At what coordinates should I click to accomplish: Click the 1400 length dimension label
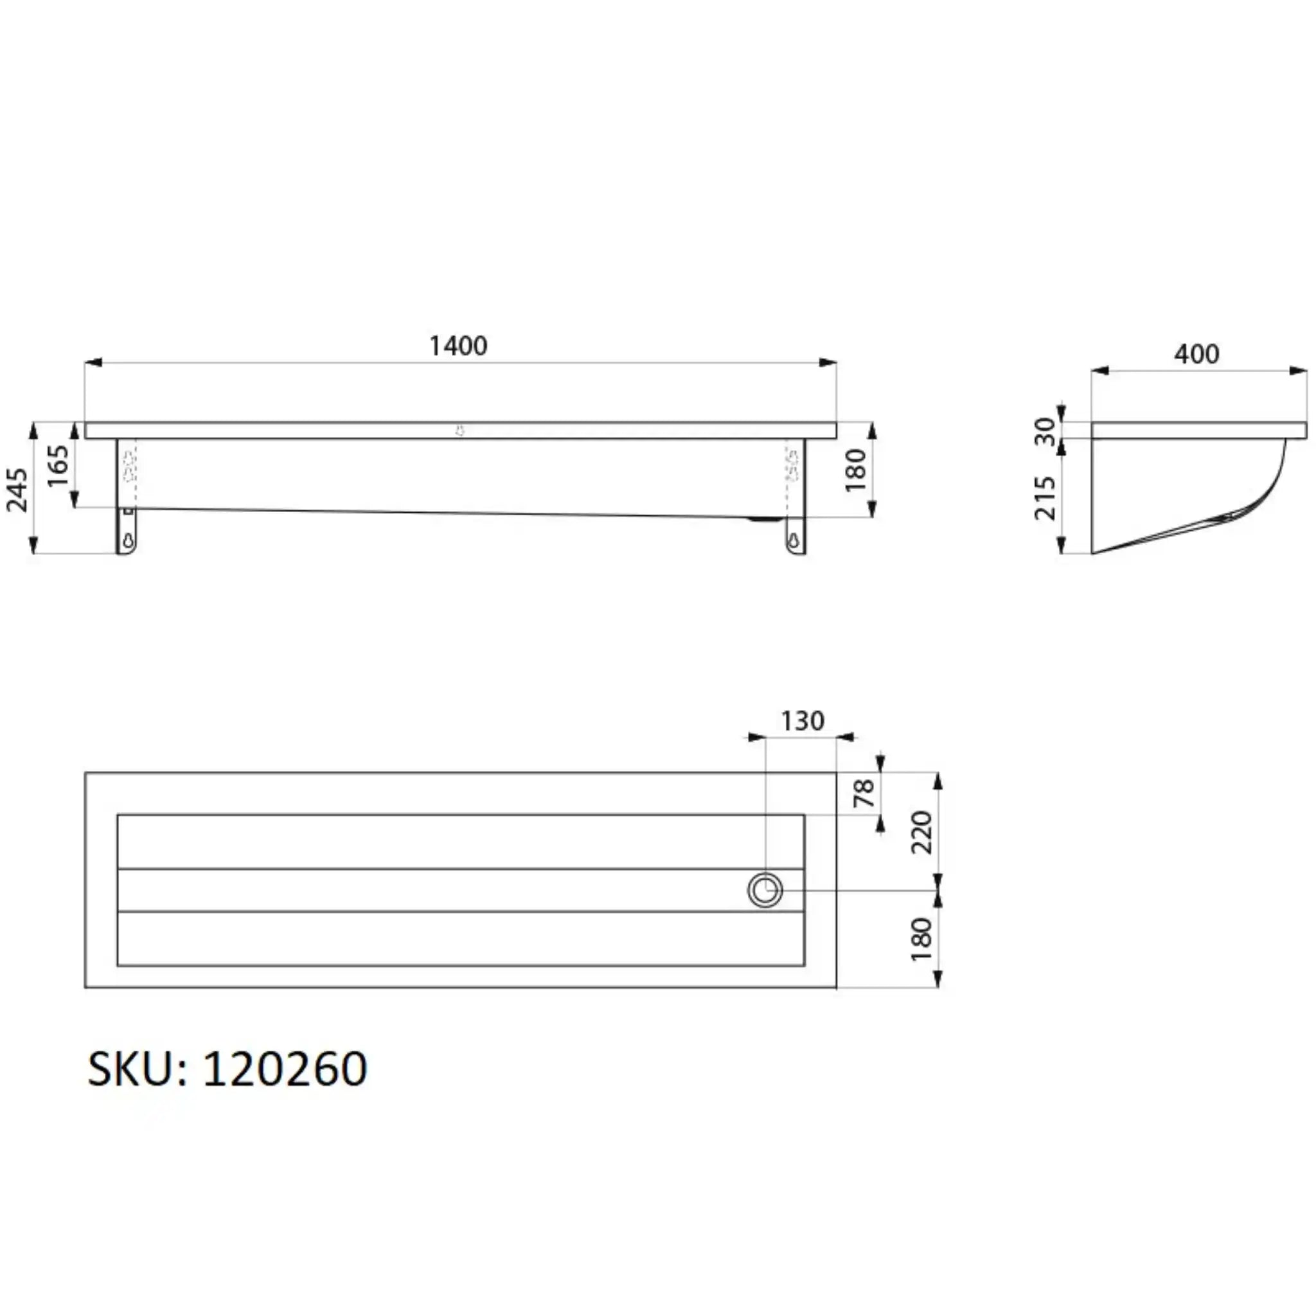(458, 346)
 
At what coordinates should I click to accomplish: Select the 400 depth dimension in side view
(1196, 354)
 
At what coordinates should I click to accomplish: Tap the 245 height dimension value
(17, 489)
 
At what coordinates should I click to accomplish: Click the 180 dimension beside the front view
(855, 470)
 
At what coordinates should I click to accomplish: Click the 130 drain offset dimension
(803, 721)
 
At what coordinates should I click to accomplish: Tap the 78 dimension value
(864, 793)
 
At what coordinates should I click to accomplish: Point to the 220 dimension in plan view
(921, 832)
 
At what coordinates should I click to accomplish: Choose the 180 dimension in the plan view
(921, 939)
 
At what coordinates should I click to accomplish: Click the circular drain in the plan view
(765, 890)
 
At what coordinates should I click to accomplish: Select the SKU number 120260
(285, 1069)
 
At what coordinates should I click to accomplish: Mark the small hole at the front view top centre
(461, 431)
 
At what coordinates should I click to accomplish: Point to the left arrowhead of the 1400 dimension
(93, 362)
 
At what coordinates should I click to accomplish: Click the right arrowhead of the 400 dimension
(1299, 371)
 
